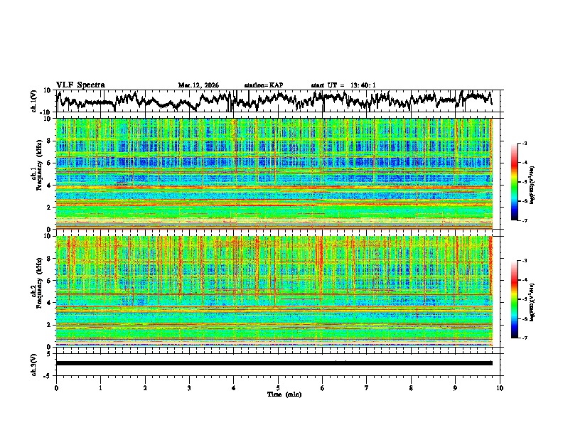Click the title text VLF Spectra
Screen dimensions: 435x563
[80, 85]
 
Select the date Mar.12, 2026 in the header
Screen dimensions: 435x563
[198, 85]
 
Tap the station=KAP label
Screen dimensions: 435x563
[263, 85]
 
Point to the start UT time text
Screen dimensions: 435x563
[343, 85]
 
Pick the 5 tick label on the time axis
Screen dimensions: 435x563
[278, 387]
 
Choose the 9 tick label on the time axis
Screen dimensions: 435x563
[456, 387]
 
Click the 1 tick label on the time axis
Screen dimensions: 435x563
[100, 387]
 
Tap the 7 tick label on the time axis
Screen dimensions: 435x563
[367, 387]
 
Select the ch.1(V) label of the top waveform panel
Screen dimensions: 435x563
[33, 101]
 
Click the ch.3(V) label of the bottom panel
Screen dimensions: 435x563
[33, 363]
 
